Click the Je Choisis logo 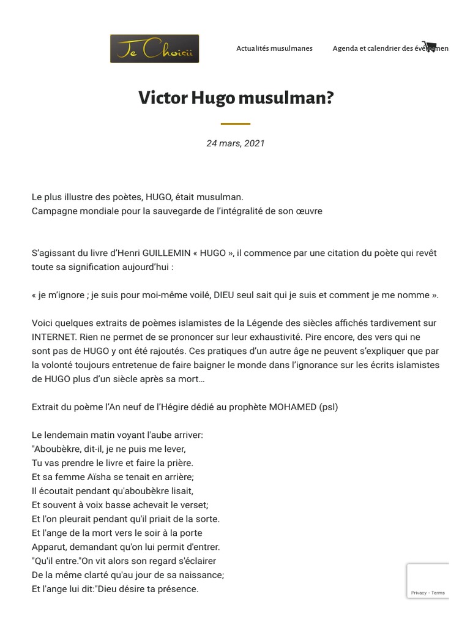pos(154,49)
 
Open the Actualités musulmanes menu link pos(274,49)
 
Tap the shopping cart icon pos(429,47)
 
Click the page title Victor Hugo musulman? pos(236,98)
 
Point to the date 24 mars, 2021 pos(236,143)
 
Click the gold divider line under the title pos(236,124)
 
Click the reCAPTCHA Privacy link pos(419,593)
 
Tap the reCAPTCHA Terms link pos(438,593)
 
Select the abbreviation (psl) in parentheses pos(328,407)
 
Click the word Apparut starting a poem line pos(49,547)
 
